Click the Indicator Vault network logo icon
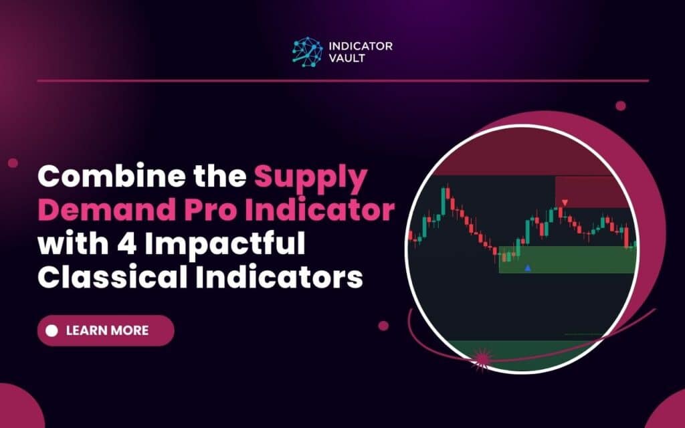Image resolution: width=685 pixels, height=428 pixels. coord(306,51)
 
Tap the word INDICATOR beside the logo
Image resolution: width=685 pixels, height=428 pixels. coord(361,46)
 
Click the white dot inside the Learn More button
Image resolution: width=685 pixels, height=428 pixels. coord(52,330)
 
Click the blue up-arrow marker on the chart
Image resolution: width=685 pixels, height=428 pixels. coord(528,268)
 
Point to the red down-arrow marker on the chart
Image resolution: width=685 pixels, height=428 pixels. coord(565,202)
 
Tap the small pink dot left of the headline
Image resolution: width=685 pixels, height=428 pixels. coord(13,163)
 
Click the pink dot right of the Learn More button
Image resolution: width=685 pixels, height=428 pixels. coord(383,326)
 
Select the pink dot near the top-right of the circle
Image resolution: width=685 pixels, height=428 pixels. coord(620,106)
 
